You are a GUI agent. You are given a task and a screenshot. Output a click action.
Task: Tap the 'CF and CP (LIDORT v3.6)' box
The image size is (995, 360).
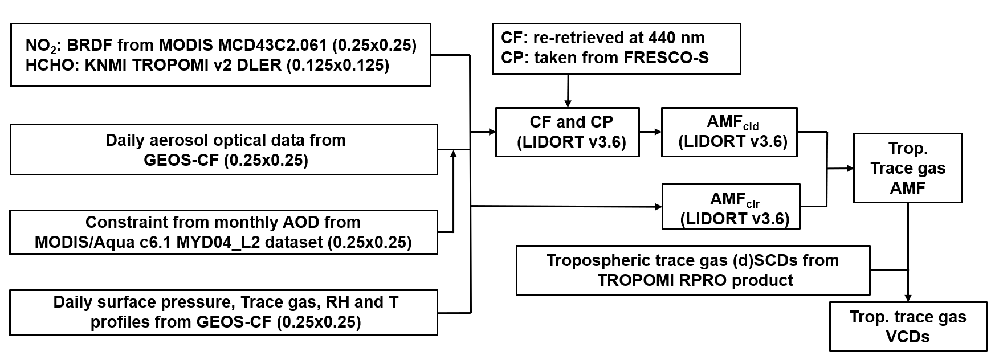click(x=567, y=132)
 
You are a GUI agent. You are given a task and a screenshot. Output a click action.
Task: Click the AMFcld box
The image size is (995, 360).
click(x=729, y=132)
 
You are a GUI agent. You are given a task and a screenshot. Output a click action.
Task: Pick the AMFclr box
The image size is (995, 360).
click(x=731, y=207)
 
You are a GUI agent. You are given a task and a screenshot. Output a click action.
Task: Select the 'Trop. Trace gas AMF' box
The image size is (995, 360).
click(x=907, y=168)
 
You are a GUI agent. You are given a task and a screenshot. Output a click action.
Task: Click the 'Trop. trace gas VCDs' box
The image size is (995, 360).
click(x=907, y=326)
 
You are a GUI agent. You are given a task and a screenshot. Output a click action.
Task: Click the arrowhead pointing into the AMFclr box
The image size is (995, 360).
click(x=656, y=206)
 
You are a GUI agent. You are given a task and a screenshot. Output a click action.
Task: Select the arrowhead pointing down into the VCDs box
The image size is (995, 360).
click(x=907, y=297)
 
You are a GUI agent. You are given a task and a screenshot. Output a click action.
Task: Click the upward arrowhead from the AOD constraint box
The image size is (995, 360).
click(x=454, y=154)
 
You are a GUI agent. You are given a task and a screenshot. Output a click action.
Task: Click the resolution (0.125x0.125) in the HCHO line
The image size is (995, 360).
click(x=337, y=66)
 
